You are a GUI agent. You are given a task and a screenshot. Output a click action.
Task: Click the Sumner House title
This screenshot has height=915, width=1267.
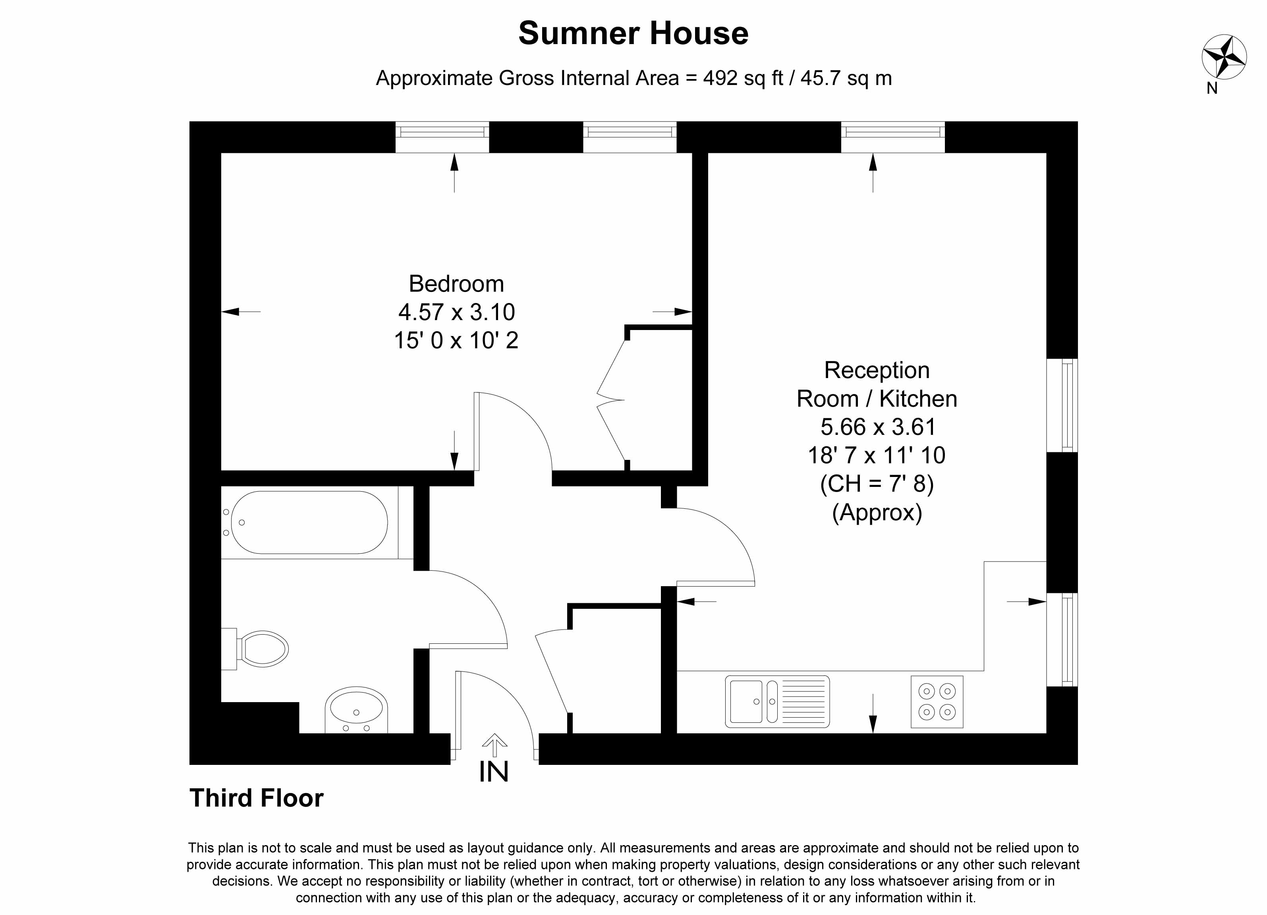(633, 33)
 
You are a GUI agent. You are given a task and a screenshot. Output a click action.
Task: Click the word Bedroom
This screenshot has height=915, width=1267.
(456, 284)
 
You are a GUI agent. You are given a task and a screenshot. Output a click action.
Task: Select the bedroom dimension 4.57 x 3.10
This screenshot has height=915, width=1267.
(456, 312)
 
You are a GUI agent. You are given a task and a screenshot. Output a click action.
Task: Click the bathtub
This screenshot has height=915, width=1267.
(309, 522)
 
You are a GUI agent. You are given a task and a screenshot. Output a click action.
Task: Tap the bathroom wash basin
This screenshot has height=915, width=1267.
(356, 709)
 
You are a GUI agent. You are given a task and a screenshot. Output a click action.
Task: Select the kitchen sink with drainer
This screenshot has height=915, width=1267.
(777, 702)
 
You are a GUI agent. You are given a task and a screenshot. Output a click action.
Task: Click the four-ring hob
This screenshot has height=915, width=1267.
(937, 702)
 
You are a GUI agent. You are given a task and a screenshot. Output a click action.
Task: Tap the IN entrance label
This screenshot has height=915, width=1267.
(494, 772)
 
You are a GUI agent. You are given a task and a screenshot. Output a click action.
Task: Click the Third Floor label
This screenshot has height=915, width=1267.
(257, 798)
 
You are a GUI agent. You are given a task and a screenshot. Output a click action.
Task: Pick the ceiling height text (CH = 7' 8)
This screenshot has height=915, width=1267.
(877, 484)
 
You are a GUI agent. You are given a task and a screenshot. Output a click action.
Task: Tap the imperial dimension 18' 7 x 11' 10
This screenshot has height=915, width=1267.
(877, 455)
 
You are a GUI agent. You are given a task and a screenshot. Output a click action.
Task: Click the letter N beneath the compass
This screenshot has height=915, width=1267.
(1212, 88)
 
